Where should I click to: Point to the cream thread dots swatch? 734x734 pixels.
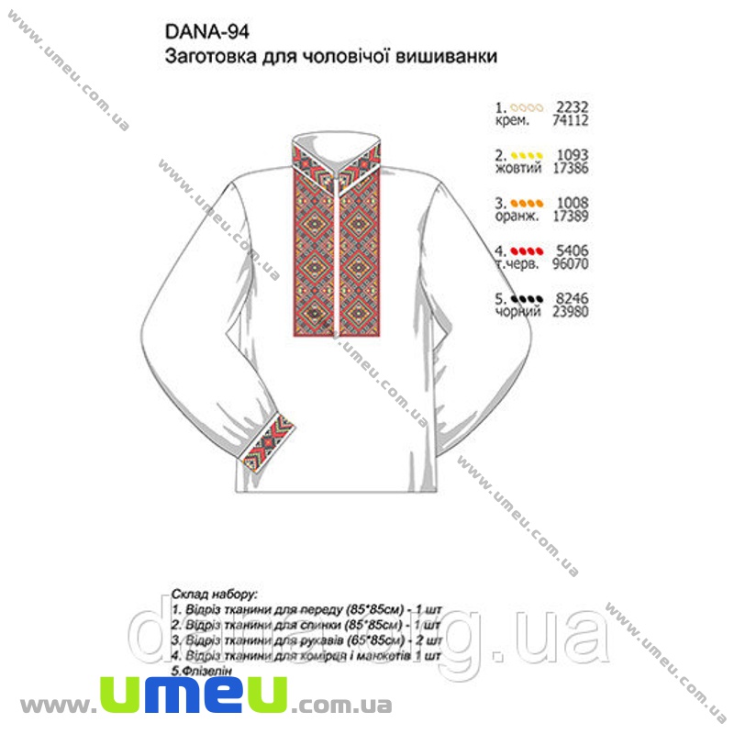click(x=528, y=106)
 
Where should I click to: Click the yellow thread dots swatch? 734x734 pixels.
click(x=528, y=154)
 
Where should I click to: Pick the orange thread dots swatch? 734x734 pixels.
click(x=528, y=202)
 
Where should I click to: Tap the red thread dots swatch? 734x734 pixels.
click(x=528, y=250)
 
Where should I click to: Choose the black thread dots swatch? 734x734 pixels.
click(x=528, y=297)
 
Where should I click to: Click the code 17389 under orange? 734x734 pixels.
click(x=569, y=216)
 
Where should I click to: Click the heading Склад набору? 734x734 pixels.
click(x=213, y=594)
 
